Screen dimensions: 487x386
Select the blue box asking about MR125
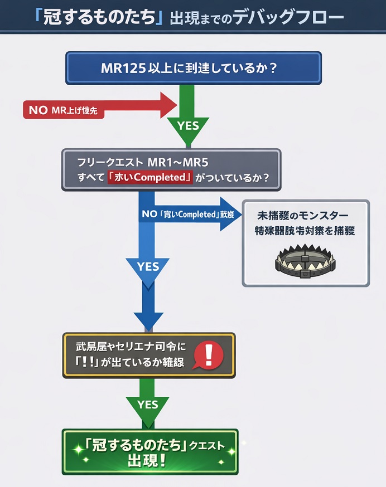pyautogui.click(x=193, y=68)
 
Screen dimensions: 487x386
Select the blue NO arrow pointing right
pyautogui.click(x=190, y=214)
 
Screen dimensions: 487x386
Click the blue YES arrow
pyautogui.click(x=148, y=267)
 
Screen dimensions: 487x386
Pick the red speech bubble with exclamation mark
pyautogui.click(x=208, y=354)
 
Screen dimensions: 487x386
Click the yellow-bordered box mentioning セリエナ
pyautogui.click(x=148, y=355)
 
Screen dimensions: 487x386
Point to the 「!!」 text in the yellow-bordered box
pyautogui.click(x=83, y=362)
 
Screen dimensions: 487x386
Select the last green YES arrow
pyautogui.click(x=148, y=405)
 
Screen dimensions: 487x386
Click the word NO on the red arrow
pyautogui.click(x=38, y=110)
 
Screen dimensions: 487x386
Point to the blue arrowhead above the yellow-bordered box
pyautogui.click(x=148, y=322)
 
